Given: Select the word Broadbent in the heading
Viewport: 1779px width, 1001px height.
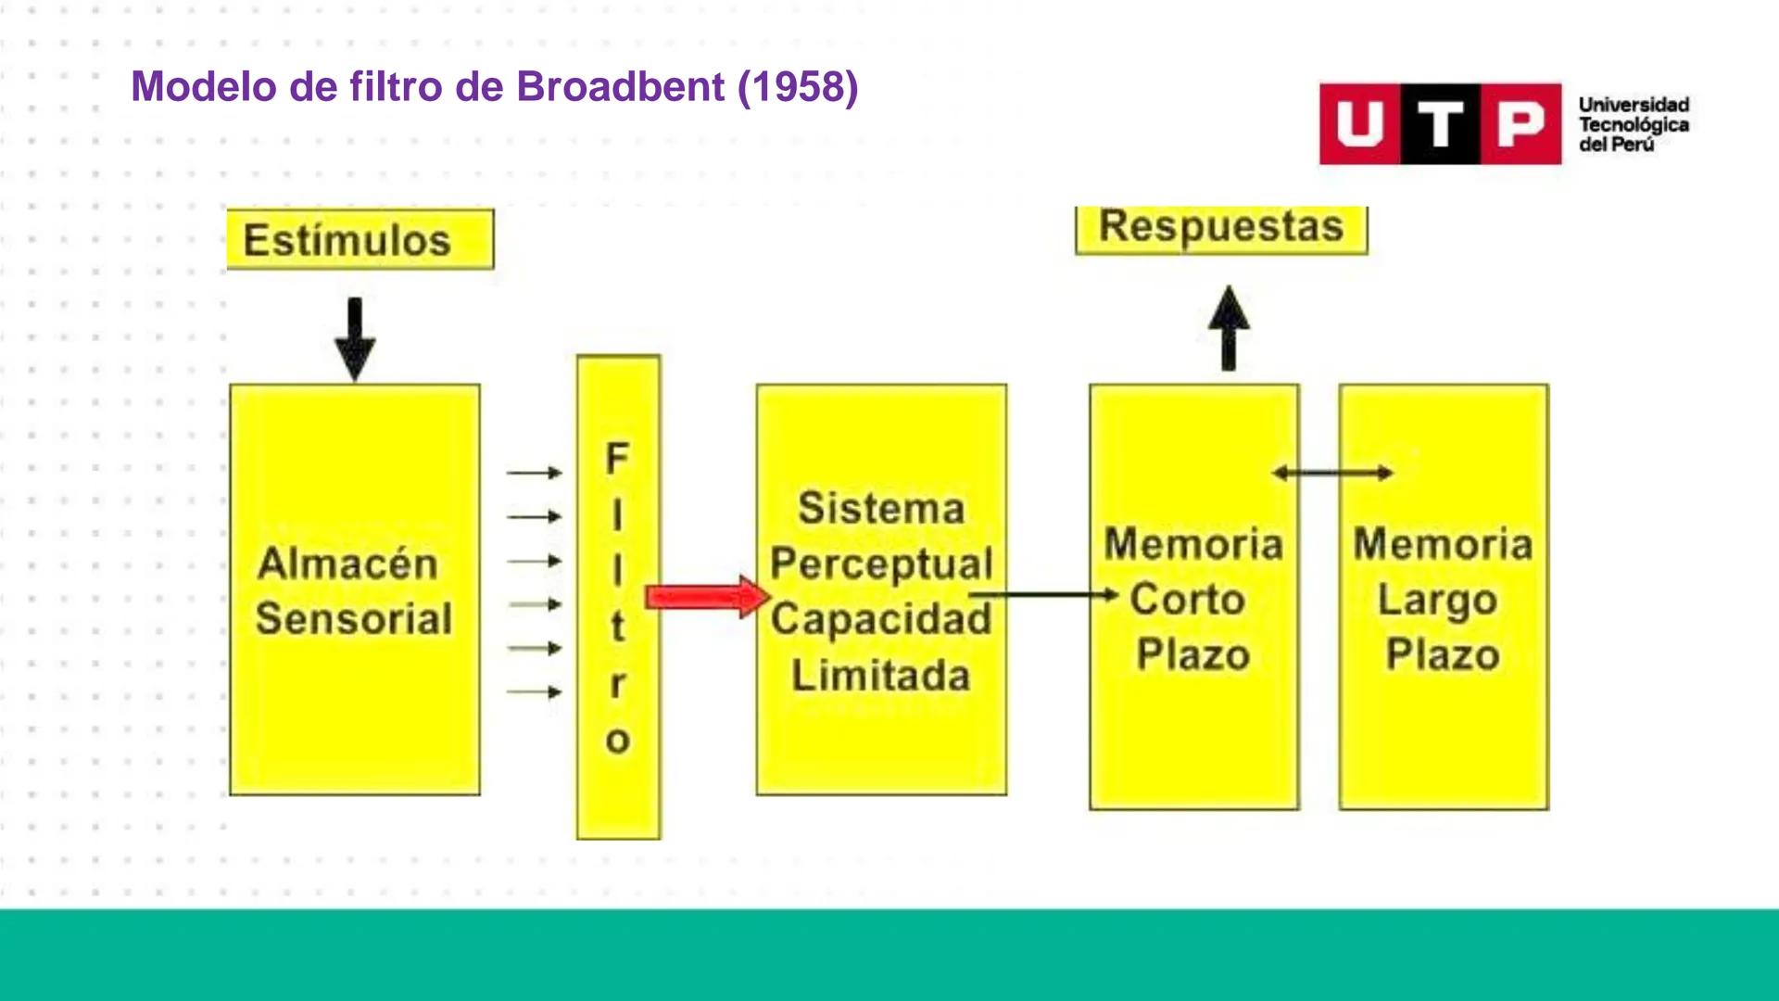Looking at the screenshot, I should pyautogui.click(x=620, y=87).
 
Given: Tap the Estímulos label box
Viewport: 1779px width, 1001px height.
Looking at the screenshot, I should pyautogui.click(x=360, y=240).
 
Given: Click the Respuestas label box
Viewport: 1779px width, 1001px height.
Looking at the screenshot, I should pyautogui.click(x=1220, y=228).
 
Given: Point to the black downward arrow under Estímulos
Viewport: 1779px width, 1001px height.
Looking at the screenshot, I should pyautogui.click(x=355, y=339).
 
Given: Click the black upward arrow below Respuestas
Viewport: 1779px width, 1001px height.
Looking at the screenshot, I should pyautogui.click(x=1229, y=328).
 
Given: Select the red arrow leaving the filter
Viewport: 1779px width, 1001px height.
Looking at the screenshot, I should pyautogui.click(x=707, y=596).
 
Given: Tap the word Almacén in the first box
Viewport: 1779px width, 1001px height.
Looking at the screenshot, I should pyautogui.click(x=347, y=564).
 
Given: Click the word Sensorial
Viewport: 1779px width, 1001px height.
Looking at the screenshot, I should pyautogui.click(x=354, y=619).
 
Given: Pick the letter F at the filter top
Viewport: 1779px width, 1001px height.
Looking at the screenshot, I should pyautogui.click(x=617, y=458).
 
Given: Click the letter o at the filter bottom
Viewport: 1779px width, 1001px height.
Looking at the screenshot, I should pyautogui.click(x=617, y=741).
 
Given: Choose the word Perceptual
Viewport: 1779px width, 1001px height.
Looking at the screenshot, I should pyautogui.click(x=881, y=564).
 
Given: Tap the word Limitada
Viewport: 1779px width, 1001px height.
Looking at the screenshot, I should pyautogui.click(x=880, y=676).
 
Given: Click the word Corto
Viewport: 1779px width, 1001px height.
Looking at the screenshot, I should pyautogui.click(x=1187, y=600).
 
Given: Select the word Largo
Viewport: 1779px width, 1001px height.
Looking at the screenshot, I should pyautogui.click(x=1437, y=601).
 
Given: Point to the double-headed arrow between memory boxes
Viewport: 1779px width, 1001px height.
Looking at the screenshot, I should pyautogui.click(x=1332, y=473).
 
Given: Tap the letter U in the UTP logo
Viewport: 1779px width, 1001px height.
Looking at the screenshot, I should pyautogui.click(x=1360, y=124).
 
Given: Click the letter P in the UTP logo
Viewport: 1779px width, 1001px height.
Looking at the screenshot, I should pyautogui.click(x=1520, y=124).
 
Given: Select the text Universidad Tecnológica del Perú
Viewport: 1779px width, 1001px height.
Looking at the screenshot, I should pyautogui.click(x=1634, y=124).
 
